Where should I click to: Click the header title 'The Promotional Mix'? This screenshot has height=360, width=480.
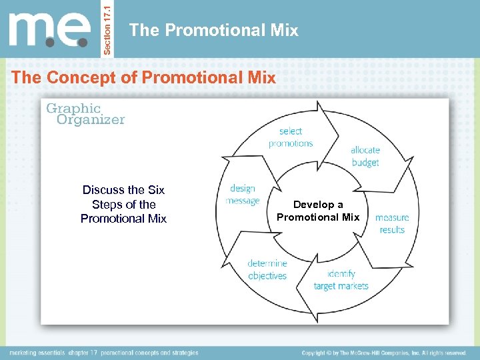213,30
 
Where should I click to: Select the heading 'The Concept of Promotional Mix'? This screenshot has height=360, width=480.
143,77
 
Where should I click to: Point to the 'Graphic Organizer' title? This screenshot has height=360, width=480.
85,113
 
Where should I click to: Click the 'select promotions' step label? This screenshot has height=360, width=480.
290,137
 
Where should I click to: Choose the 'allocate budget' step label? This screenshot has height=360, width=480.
365,156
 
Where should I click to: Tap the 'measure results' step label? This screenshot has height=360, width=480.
392,223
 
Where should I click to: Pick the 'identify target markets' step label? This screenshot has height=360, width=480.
341,280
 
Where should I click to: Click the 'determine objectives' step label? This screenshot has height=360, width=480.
267,269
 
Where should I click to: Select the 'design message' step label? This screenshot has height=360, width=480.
243,195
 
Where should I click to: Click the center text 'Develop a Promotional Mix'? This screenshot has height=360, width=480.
318,211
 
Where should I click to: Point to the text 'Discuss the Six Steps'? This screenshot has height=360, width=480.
123,204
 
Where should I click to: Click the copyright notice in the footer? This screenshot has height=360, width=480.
383,352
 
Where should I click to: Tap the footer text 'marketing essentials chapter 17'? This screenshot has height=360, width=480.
103,352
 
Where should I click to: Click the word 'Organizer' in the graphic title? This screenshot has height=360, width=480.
91,120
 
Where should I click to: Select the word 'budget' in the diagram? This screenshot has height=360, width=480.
365,162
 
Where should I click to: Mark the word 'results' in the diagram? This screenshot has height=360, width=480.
392,230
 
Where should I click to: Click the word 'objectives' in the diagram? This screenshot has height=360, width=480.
267,275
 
